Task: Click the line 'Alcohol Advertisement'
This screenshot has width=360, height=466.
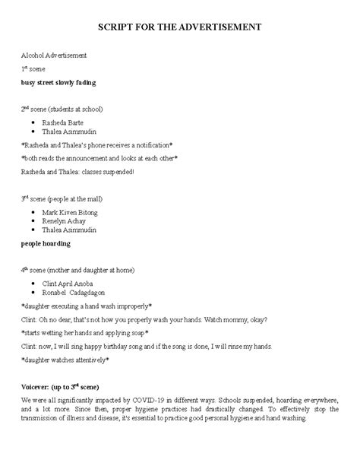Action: [x=53, y=55]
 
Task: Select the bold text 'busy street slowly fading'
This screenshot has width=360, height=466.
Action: [x=58, y=81]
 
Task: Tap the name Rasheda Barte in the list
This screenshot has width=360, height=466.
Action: [x=63, y=122]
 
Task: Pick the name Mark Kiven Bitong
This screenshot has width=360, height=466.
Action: [x=71, y=212]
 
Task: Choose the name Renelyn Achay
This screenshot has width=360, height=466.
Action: [x=64, y=221]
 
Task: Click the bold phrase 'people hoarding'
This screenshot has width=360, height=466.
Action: [x=46, y=244]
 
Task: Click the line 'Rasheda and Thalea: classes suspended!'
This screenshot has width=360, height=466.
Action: [x=77, y=172]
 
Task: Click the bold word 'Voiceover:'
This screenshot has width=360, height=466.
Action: [x=38, y=385]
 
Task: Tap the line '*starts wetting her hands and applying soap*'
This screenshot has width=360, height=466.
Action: [x=84, y=332]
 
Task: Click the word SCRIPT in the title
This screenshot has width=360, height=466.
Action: [x=117, y=27]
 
